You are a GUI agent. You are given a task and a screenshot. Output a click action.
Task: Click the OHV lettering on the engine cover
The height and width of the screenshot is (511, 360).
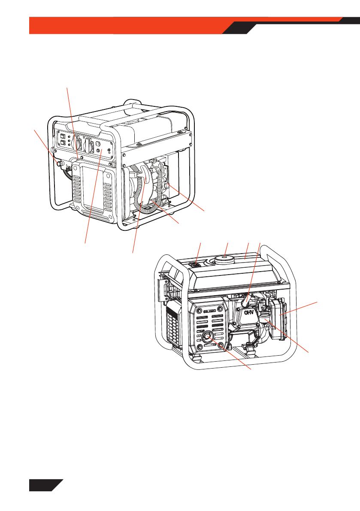248,312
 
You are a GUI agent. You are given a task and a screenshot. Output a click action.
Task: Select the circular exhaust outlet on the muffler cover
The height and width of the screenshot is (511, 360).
207,338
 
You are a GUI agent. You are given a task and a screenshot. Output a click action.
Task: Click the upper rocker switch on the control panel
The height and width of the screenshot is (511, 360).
63,136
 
